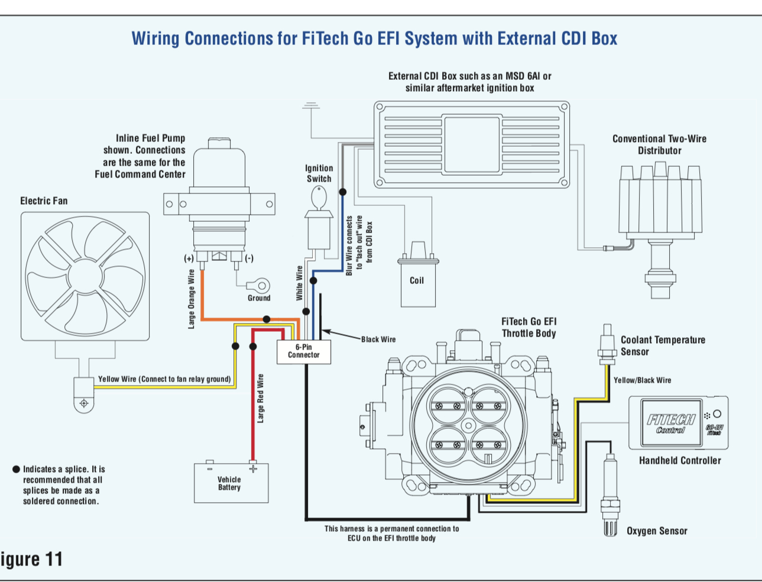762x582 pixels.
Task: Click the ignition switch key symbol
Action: click(319, 198)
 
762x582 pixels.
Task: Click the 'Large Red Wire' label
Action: click(261, 398)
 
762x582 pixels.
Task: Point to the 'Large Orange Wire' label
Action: click(191, 299)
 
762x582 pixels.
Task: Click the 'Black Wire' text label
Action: click(378, 339)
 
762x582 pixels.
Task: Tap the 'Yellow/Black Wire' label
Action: click(642, 380)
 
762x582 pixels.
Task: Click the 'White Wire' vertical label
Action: click(299, 283)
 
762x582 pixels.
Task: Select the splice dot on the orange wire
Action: click(267, 319)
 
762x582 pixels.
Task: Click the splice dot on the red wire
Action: click(253, 346)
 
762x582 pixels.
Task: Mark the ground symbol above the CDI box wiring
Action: click(310, 106)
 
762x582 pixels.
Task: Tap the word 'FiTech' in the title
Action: click(325, 38)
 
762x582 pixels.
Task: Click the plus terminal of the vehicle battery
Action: click(253, 468)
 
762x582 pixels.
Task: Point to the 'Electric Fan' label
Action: click(44, 201)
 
